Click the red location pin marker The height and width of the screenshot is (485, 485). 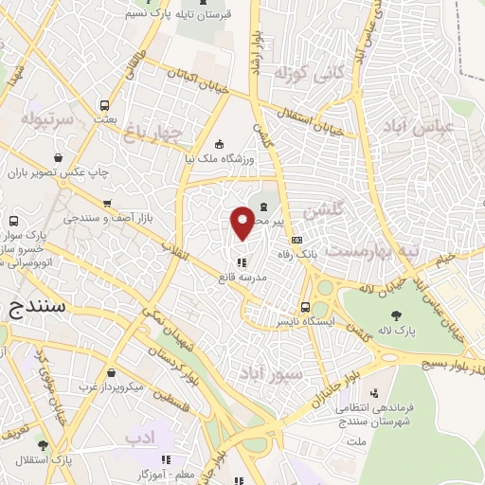click(x=242, y=223)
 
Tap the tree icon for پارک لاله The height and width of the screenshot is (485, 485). click(x=396, y=316)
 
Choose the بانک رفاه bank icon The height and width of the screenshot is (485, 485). click(x=297, y=240)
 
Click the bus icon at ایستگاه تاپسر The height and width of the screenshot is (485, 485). click(x=305, y=307)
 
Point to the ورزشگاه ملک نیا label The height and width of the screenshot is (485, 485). click(x=225, y=158)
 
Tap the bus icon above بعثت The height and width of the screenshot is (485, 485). click(x=103, y=105)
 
